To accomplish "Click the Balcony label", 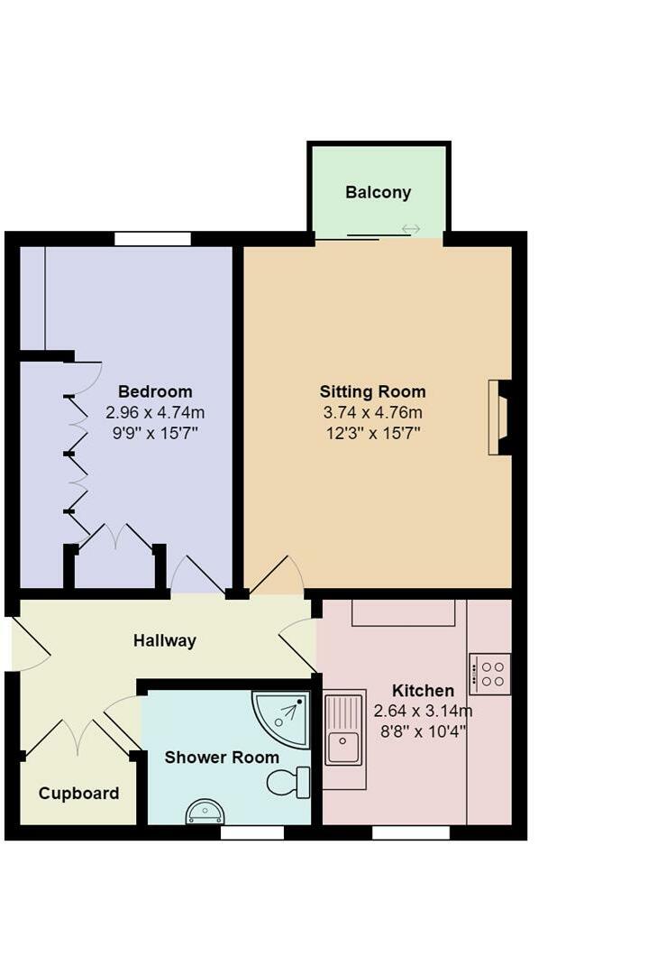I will [x=378, y=192].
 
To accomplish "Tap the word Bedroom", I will [x=155, y=391].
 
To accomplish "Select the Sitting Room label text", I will [x=372, y=391].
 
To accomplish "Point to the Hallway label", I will [x=164, y=641].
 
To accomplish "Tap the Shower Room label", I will [x=222, y=758].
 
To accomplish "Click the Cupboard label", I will [x=78, y=794].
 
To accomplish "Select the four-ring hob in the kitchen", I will [x=490, y=674].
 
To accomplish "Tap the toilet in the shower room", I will [x=289, y=782].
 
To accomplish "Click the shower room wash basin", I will [x=205, y=812].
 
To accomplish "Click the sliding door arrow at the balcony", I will [x=411, y=229].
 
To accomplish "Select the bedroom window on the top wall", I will [x=152, y=239].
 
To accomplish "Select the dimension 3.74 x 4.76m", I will [x=372, y=412].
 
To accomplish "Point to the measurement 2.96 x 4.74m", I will [x=155, y=412].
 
